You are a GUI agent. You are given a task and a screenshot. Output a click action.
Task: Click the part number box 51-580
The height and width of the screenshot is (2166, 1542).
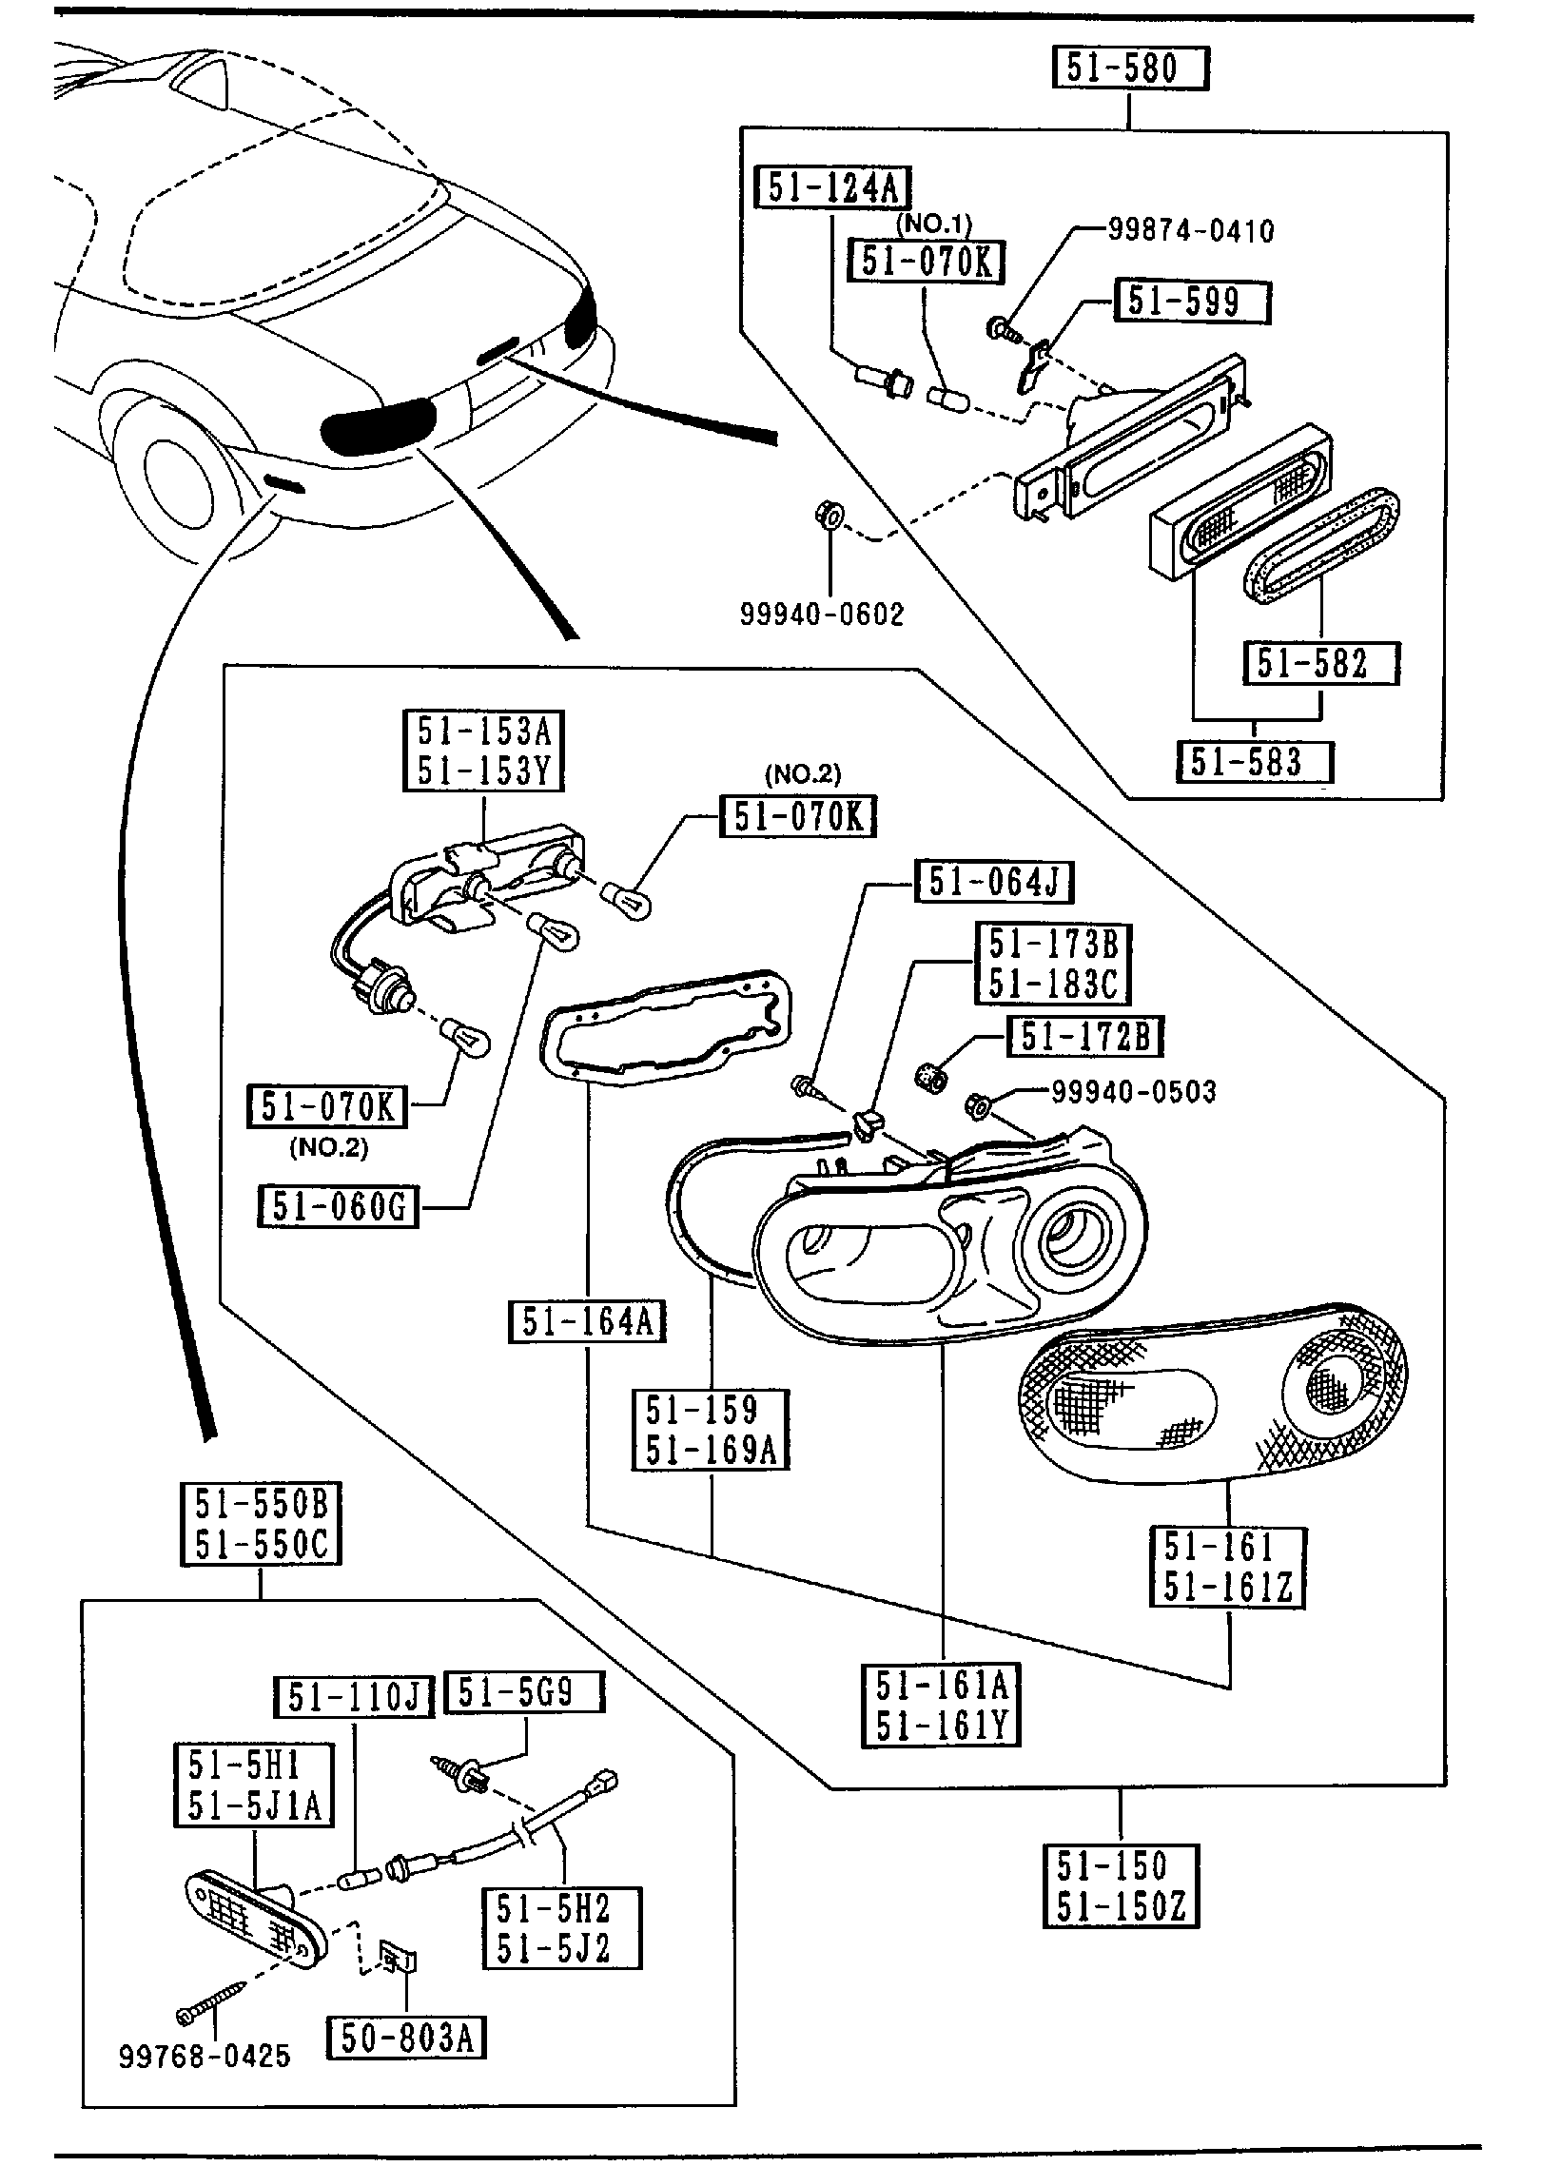(1129, 69)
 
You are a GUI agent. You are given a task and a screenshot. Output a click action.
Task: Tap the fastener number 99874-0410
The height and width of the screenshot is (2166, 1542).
(1191, 230)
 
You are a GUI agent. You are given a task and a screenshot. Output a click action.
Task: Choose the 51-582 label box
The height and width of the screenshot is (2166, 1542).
(1320, 663)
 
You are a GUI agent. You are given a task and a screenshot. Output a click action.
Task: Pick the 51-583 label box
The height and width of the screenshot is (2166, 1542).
(1254, 762)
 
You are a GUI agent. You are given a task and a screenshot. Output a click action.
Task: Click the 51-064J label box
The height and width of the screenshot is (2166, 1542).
(993, 882)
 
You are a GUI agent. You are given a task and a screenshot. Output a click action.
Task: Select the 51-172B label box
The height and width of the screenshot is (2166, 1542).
(1084, 1037)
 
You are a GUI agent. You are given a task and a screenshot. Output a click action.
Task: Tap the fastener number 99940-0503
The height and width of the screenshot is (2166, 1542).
(1133, 1092)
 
